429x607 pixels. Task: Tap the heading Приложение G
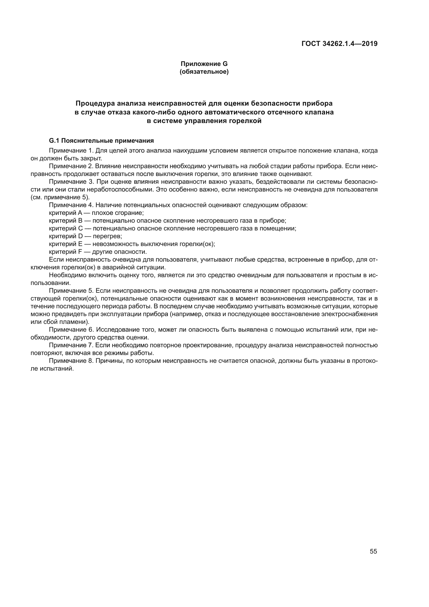point(204,64)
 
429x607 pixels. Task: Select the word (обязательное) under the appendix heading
point(204,72)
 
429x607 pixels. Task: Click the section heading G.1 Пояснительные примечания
point(101,140)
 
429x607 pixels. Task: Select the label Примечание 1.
point(71,151)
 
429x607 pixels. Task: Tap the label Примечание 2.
point(71,166)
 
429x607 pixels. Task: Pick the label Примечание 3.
point(71,182)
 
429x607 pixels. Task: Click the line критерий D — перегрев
point(85,236)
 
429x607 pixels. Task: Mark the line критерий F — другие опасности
point(98,252)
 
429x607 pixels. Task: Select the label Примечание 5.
point(71,291)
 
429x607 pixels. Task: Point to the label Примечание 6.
point(71,330)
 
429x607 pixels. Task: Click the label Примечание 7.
point(71,345)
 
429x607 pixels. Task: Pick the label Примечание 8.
point(71,361)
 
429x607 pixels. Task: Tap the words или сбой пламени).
point(60,322)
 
